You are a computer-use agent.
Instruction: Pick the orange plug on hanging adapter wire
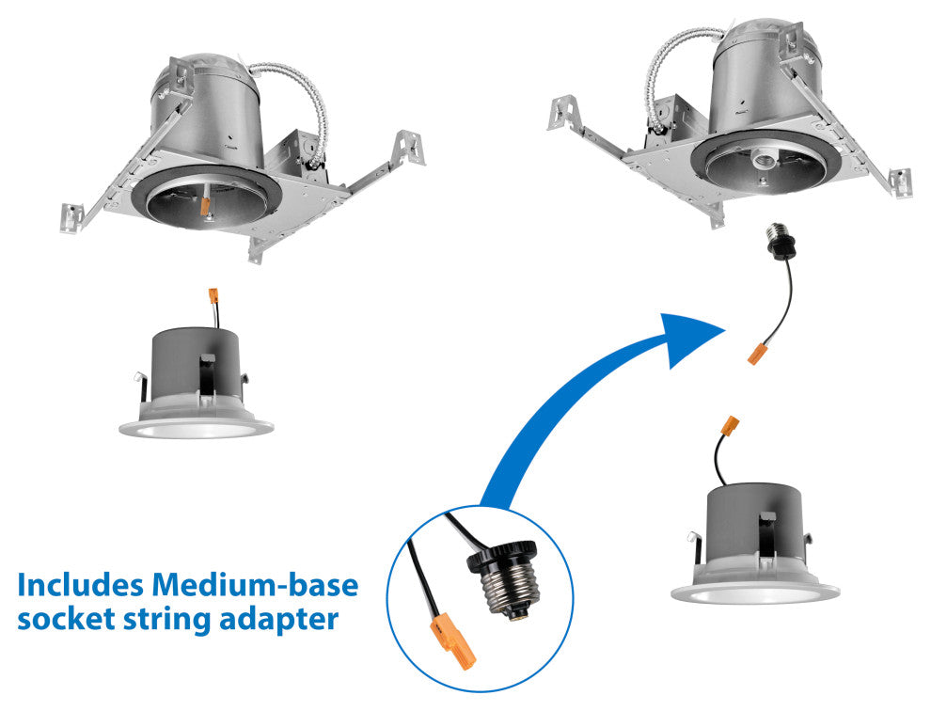click(x=755, y=354)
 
